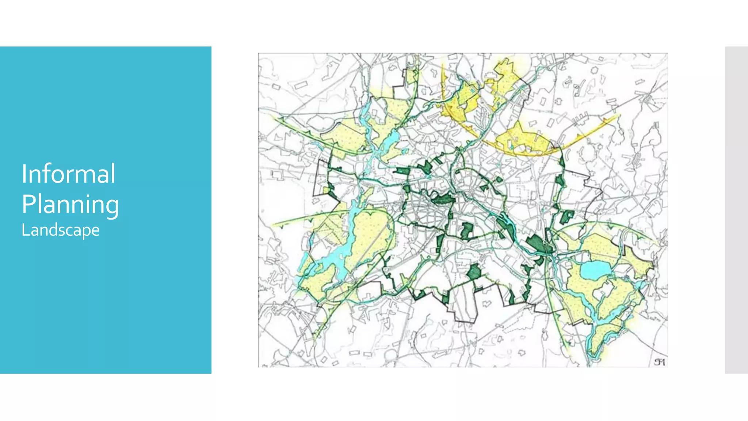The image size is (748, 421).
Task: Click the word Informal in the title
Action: [x=68, y=174]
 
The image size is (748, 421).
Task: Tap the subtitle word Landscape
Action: [x=60, y=230]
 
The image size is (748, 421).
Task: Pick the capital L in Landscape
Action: [x=24, y=230]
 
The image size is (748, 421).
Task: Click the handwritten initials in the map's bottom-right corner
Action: [x=659, y=362]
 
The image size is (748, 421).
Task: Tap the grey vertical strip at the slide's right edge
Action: [x=736, y=210]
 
